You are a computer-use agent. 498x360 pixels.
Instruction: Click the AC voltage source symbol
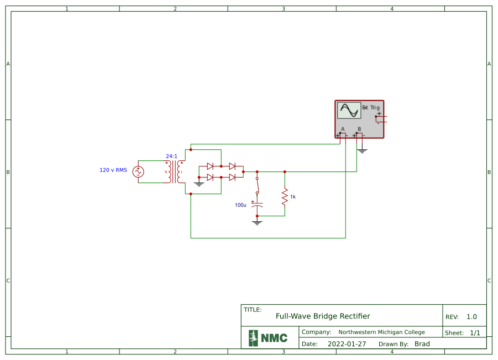point(138,172)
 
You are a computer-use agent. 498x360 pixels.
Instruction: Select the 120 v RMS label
point(113,170)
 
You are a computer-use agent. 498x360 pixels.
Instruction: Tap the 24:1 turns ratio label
point(172,156)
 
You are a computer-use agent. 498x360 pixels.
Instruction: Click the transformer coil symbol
point(174,172)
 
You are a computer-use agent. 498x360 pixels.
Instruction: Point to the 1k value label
point(293,197)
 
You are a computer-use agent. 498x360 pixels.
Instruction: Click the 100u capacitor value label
point(240,205)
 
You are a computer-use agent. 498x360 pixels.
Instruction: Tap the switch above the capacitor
point(257,186)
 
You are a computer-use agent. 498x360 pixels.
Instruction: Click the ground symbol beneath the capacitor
point(257,222)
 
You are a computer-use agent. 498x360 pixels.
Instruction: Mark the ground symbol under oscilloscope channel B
point(362,150)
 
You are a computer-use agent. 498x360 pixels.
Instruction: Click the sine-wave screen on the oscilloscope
point(349,111)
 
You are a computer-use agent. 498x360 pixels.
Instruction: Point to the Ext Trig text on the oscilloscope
point(371,107)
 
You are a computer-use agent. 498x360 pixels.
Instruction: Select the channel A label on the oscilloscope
point(343,129)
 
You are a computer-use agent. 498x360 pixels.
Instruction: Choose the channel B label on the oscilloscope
point(359,129)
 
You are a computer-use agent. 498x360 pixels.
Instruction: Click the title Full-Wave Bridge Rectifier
point(323,316)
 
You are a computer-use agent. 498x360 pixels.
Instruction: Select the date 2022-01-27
point(347,344)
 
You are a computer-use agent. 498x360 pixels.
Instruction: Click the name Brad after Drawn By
point(422,344)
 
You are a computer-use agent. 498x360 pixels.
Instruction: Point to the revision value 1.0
point(471,317)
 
